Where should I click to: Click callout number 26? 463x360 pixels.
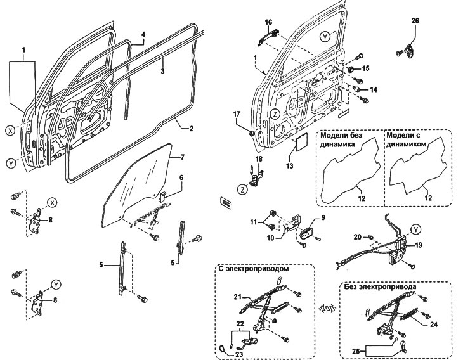click(415, 21)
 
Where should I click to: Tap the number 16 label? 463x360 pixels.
click(269, 23)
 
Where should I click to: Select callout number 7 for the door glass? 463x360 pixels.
click(181, 156)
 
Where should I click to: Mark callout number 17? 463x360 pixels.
click(237, 114)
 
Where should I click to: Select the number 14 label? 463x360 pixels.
click(374, 90)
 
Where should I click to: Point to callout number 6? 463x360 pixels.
click(181, 178)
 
